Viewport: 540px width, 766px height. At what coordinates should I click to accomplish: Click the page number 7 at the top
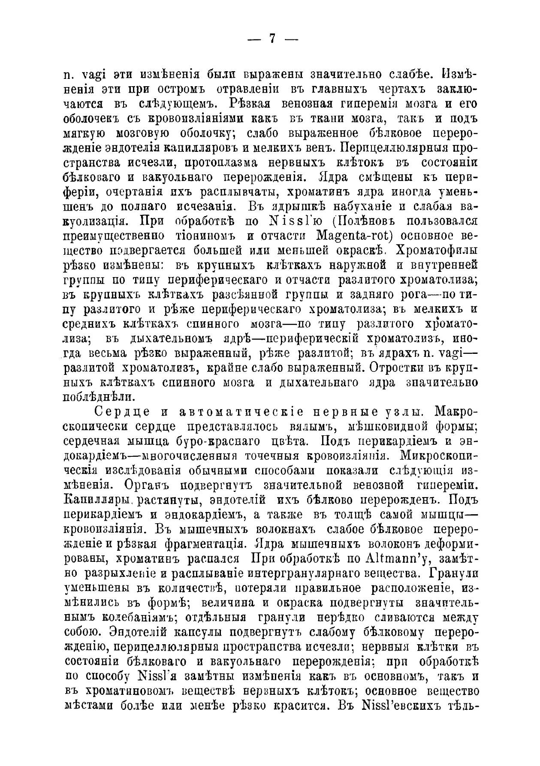coord(272,39)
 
